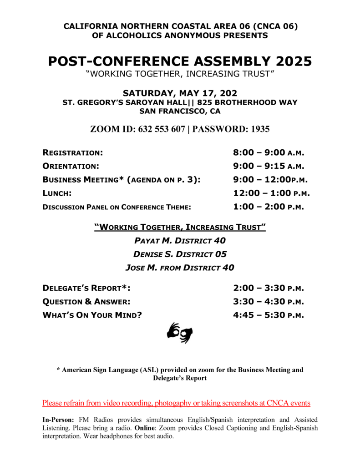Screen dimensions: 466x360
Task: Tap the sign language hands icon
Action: click(x=180, y=333)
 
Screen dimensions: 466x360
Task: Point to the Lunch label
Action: click(x=57, y=193)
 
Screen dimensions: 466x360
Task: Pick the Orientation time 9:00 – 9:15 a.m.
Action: click(x=268, y=166)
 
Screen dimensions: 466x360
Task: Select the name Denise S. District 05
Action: click(x=180, y=254)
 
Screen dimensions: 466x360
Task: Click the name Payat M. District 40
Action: click(x=180, y=240)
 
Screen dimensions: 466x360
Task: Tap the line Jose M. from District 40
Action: click(x=180, y=268)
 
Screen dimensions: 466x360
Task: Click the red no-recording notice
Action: click(x=176, y=403)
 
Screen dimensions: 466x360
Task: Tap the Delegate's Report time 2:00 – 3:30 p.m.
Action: click(x=268, y=288)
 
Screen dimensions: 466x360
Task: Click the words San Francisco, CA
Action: click(x=180, y=111)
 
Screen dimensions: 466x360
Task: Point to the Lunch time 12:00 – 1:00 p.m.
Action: click(x=271, y=193)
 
